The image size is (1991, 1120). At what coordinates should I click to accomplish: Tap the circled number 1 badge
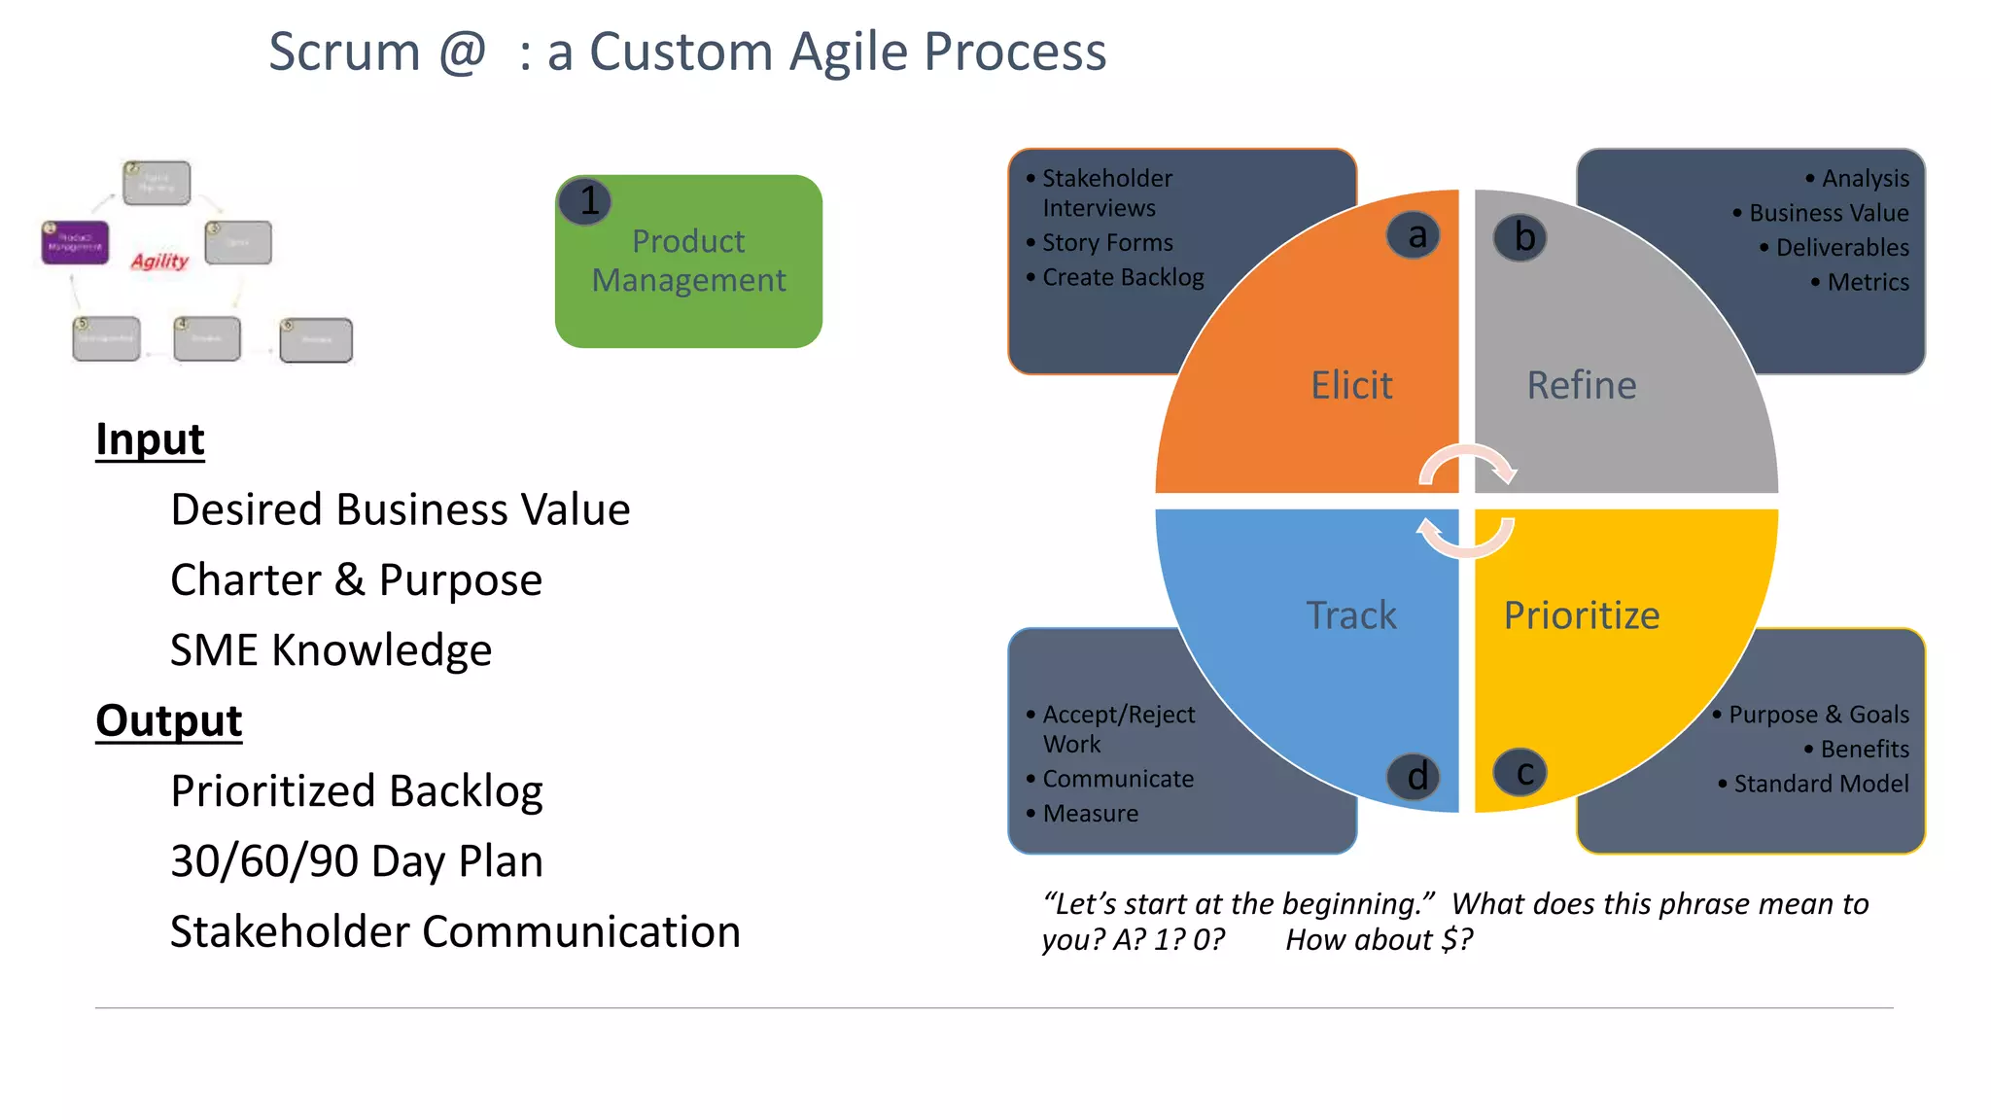(x=586, y=201)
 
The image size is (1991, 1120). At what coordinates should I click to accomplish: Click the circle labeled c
(x=1519, y=773)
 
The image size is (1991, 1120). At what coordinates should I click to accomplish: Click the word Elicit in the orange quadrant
(x=1350, y=385)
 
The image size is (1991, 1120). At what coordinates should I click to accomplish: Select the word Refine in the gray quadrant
(x=1581, y=385)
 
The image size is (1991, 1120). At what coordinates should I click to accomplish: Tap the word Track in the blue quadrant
(x=1350, y=615)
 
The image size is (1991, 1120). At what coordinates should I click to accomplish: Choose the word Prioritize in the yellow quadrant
(x=1581, y=615)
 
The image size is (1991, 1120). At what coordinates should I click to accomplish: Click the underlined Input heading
(x=150, y=439)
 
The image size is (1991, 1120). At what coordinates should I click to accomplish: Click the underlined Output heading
(x=168, y=720)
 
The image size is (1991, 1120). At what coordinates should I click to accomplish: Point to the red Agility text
(x=159, y=261)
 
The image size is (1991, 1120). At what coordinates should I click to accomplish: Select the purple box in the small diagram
(x=75, y=242)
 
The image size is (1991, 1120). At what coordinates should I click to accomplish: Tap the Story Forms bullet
(x=1106, y=242)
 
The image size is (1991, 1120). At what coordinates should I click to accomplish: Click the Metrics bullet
(x=1867, y=282)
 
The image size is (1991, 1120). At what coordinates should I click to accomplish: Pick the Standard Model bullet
(x=1820, y=784)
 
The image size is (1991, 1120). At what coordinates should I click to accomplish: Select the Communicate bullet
(x=1117, y=779)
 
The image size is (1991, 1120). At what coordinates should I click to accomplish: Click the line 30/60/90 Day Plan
(x=356, y=861)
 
